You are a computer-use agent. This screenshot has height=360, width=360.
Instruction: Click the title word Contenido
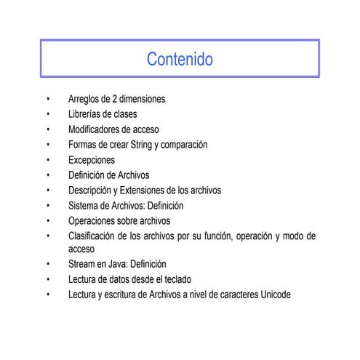click(x=180, y=59)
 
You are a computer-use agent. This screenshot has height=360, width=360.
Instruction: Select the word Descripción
click(x=91, y=191)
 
